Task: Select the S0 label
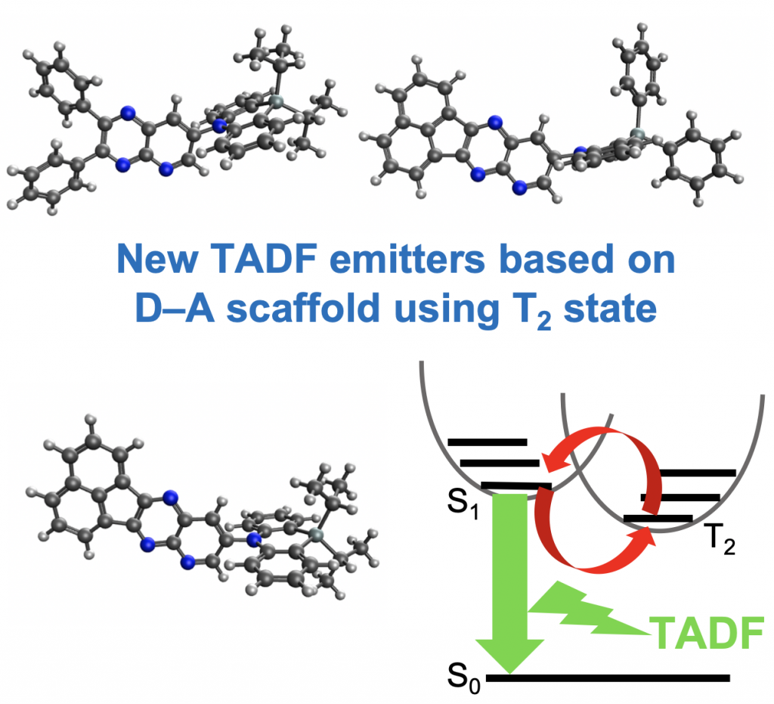pyautogui.click(x=463, y=670)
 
